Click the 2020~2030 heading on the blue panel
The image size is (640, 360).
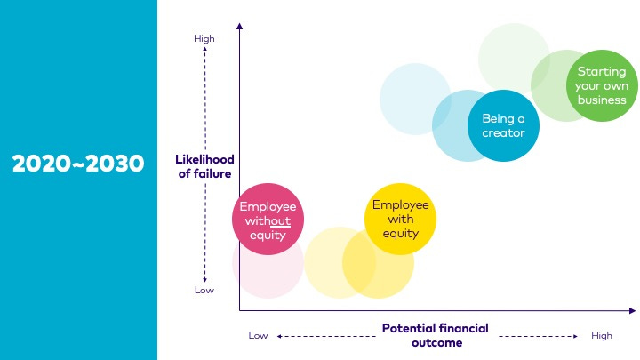[78, 163]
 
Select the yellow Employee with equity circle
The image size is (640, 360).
[400, 219]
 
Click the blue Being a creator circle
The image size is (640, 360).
[503, 125]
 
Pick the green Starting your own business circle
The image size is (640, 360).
[601, 85]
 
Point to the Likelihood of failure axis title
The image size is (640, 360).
[204, 166]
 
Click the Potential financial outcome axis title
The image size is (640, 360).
[435, 334]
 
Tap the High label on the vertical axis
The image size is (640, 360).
[204, 38]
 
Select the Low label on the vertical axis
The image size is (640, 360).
[204, 290]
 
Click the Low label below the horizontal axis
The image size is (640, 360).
[258, 335]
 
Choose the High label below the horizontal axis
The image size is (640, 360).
[602, 335]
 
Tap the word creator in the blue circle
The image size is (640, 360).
[503, 133]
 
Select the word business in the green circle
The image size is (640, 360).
[601, 100]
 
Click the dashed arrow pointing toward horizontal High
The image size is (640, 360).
[539, 336]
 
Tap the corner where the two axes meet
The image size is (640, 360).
[240, 310]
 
